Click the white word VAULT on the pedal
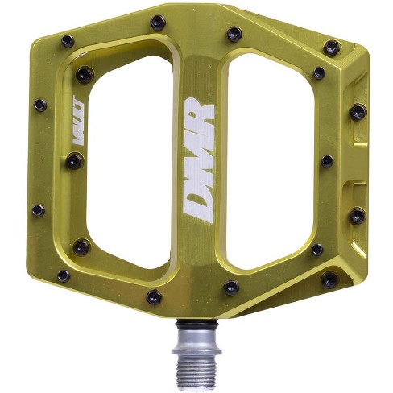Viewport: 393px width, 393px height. coord(79,120)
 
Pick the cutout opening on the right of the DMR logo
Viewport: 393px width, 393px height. coord(270,160)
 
